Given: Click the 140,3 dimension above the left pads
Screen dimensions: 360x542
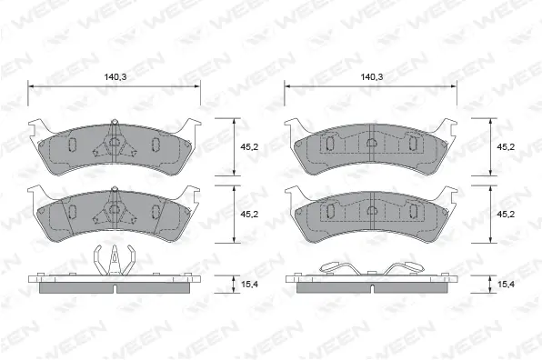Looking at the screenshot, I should tap(114, 77).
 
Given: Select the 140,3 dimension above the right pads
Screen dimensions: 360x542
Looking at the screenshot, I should tap(370, 77).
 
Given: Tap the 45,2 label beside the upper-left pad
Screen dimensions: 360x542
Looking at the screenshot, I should tap(248, 146).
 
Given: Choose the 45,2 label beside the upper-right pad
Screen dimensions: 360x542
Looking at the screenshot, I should tap(505, 146).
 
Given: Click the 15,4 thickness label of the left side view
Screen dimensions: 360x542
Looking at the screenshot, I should tap(248, 285).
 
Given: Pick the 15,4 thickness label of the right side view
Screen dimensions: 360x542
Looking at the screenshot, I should tap(505, 285).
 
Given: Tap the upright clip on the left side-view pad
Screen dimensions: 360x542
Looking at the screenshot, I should tap(114, 259).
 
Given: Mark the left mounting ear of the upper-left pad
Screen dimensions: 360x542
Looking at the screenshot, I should tap(36, 129).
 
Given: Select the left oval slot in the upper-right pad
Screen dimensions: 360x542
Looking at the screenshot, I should tap(330, 144).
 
